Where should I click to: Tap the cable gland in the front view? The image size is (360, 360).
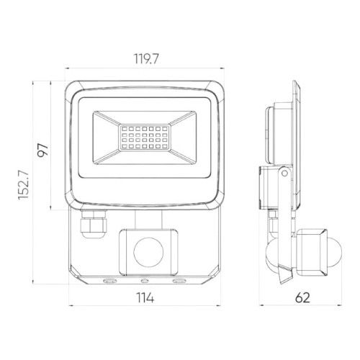tap(92, 224)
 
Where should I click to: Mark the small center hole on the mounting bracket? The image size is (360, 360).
tap(144, 278)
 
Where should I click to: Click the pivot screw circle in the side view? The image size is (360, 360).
tap(286, 174)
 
